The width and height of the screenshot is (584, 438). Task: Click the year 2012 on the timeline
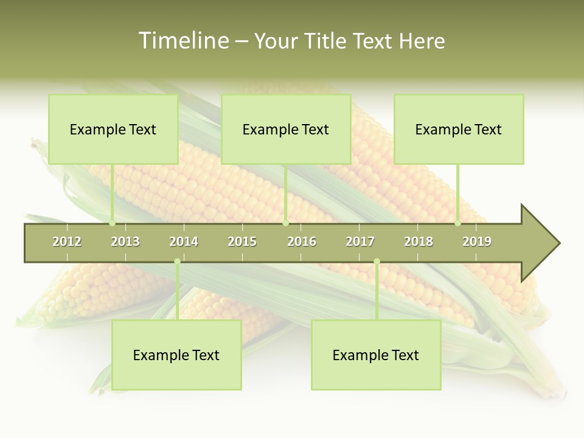(x=67, y=242)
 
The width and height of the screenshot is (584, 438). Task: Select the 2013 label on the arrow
(x=125, y=242)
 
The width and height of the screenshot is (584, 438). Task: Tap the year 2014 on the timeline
(x=184, y=242)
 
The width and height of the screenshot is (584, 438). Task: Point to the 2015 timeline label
(x=242, y=242)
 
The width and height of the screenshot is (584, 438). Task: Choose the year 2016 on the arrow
(x=302, y=242)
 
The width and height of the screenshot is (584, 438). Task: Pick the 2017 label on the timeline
(x=360, y=242)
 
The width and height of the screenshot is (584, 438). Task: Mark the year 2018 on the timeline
(x=419, y=242)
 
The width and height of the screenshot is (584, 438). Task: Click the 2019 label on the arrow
(x=477, y=242)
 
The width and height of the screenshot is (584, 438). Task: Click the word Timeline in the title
(x=182, y=41)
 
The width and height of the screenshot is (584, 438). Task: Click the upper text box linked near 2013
(x=113, y=129)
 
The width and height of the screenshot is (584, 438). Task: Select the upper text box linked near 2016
(x=286, y=129)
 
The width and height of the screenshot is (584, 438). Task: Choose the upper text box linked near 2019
(x=459, y=129)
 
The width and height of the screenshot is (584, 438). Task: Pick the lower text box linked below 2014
(x=176, y=355)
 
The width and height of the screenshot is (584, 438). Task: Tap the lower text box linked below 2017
(x=376, y=355)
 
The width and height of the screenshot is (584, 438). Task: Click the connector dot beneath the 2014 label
(x=177, y=262)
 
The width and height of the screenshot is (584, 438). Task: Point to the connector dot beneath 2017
(x=377, y=262)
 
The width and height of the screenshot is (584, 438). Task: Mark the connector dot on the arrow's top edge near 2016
(x=285, y=223)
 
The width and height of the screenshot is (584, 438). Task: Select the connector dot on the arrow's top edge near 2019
(x=458, y=223)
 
